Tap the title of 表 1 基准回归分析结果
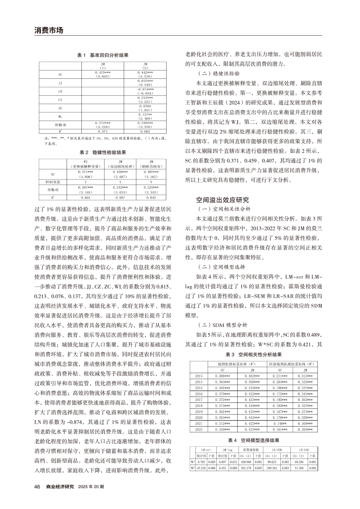tap(103, 55)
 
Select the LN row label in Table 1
tap(60, 92)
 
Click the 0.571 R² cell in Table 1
tap(103, 130)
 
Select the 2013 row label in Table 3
tap(199, 375)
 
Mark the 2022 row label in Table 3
tap(199, 430)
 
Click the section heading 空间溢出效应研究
tap(222, 200)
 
